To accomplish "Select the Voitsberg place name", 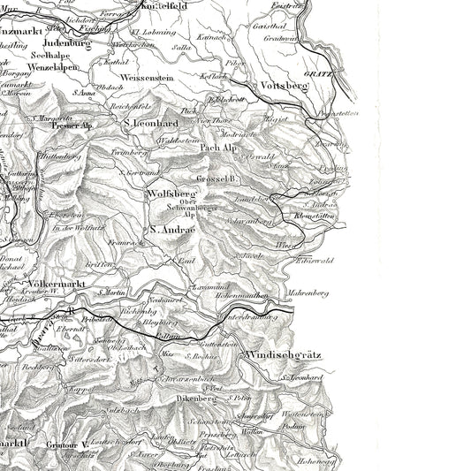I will pyautogui.click(x=285, y=86).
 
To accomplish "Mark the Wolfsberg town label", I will pyautogui.click(x=171, y=192).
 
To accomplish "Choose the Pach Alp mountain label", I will pyautogui.click(x=219, y=148).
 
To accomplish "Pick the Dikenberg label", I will pyautogui.click(x=196, y=398).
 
